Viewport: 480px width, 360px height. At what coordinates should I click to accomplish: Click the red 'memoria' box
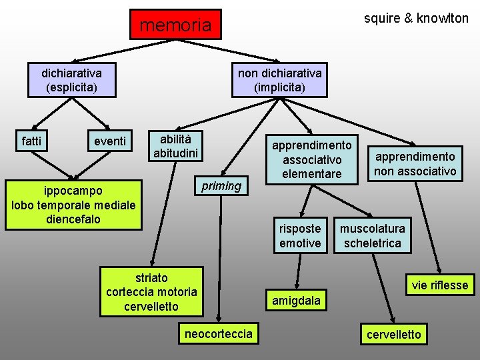pos(175,25)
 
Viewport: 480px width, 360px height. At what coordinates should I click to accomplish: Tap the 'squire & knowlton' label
pos(416,18)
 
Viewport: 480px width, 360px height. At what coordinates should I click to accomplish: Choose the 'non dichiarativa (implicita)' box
pos(279,79)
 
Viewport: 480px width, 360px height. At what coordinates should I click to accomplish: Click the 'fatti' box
pos(31,141)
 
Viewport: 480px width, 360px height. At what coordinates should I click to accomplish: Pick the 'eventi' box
pos(110,141)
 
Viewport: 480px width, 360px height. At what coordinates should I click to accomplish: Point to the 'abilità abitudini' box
pos(175,146)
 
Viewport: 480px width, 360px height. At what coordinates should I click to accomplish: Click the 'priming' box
pos(221,186)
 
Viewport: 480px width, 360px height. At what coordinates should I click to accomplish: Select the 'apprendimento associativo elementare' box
pos(311,159)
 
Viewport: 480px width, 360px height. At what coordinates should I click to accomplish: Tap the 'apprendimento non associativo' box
pos(415,164)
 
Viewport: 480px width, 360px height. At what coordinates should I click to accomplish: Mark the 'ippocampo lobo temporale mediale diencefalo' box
pos(73,205)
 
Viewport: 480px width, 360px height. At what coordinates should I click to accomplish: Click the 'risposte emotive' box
pos(300,235)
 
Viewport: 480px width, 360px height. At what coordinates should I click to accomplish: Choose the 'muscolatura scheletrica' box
pos(373,235)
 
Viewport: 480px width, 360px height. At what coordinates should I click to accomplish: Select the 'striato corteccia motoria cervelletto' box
pos(151,291)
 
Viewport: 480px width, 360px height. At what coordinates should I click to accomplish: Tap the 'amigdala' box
pos(296,301)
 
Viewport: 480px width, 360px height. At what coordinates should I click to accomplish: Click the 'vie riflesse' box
pos(439,285)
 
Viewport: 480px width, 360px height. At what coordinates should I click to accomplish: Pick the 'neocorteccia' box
pos(219,333)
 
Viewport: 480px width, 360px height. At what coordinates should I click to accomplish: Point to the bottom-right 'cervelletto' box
pos(394,334)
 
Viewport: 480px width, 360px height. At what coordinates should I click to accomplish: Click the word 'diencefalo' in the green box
pos(73,219)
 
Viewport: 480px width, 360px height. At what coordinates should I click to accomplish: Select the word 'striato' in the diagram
pos(151,277)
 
